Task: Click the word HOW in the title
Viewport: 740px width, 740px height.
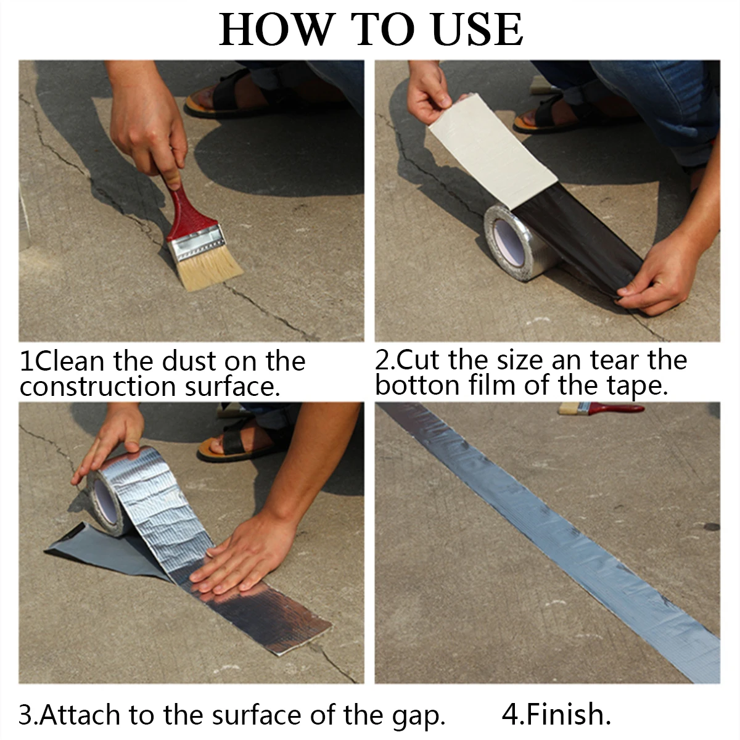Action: coord(276,29)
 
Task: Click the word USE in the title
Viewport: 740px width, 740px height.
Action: coord(477,29)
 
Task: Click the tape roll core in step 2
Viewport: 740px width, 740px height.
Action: coord(509,242)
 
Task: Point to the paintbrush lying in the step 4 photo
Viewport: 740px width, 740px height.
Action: coord(601,409)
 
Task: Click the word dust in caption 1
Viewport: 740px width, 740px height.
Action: coord(190,361)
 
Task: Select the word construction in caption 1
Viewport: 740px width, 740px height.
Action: coord(97,387)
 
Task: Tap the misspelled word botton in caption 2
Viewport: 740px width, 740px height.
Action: coord(417,385)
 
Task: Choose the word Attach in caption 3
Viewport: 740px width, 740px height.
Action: coord(80,715)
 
